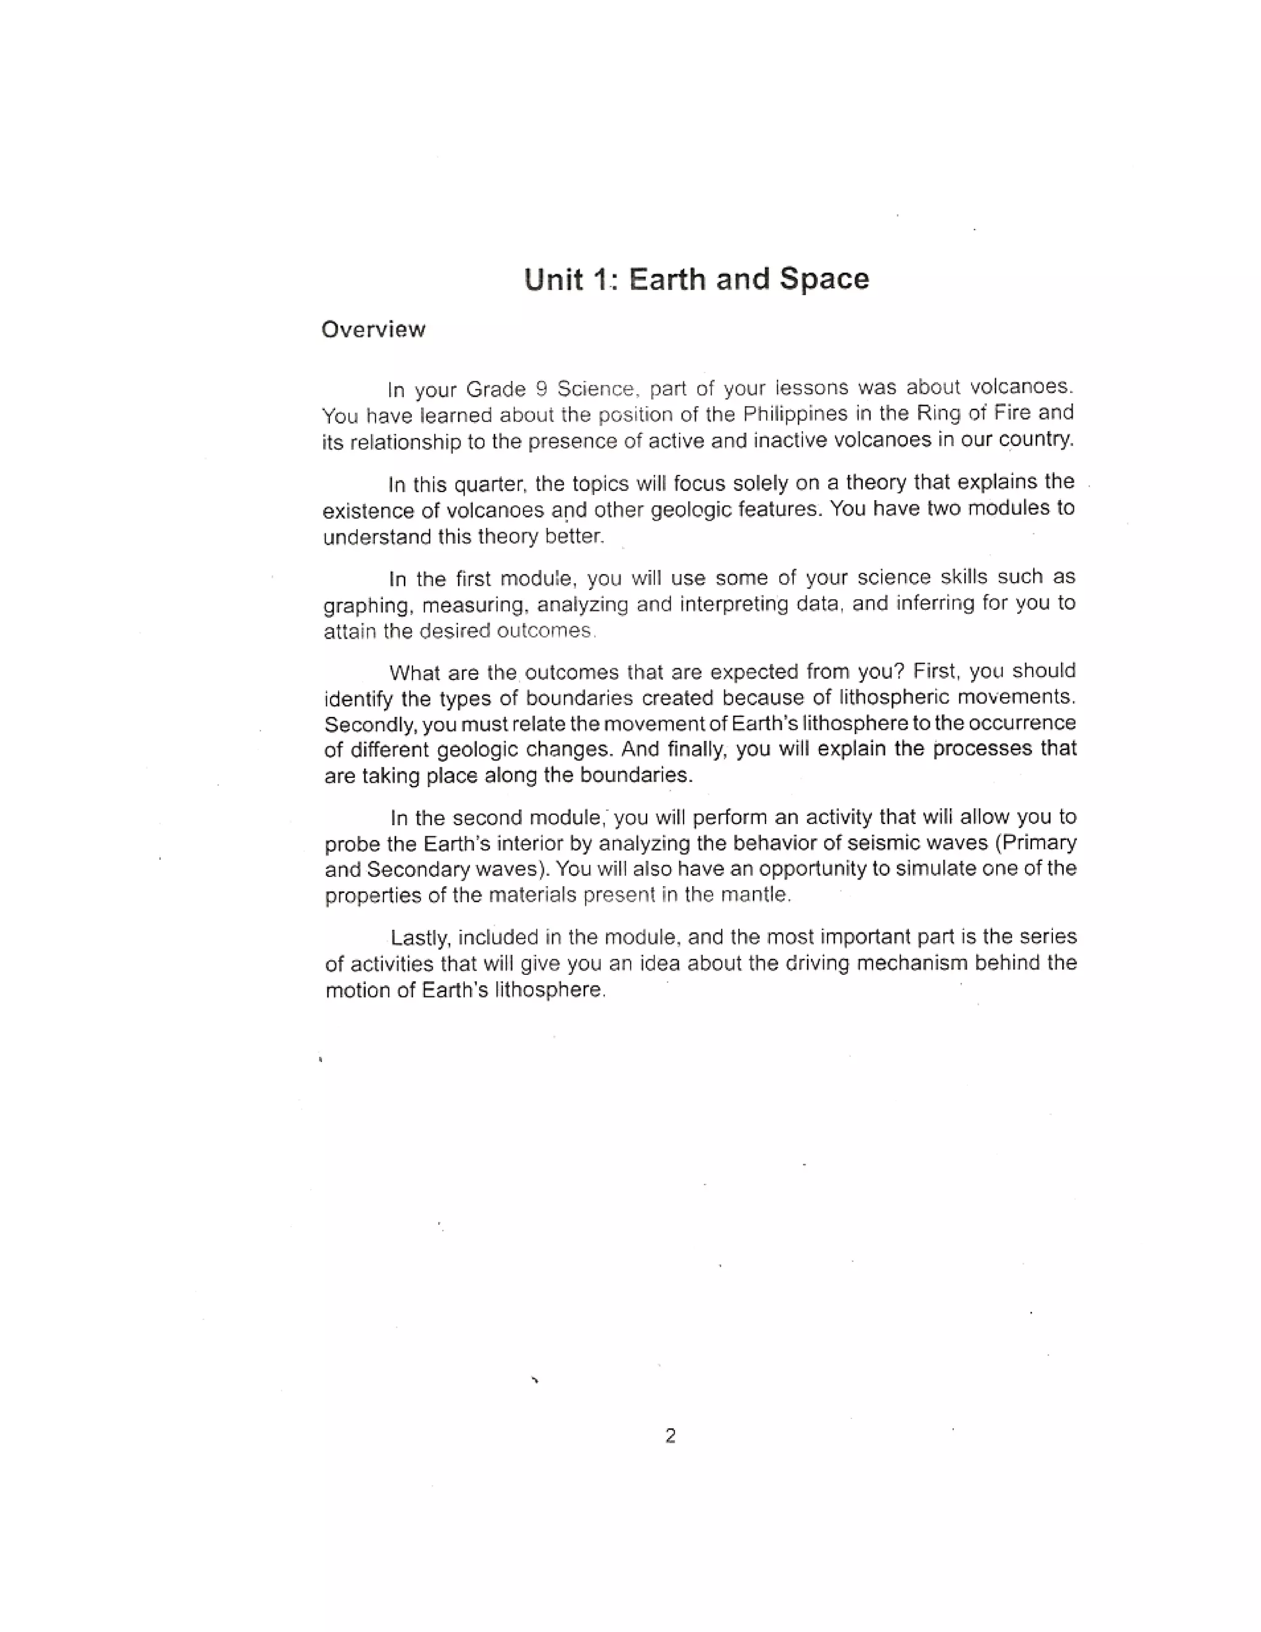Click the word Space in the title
pyautogui.click(x=824, y=279)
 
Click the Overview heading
pyautogui.click(x=373, y=329)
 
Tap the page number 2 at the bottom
pyautogui.click(x=670, y=1436)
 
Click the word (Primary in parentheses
pyautogui.click(x=1036, y=841)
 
